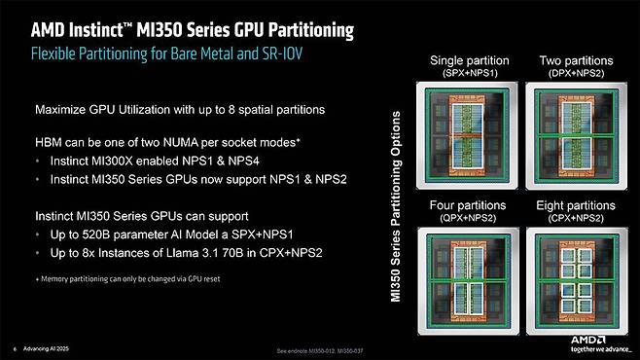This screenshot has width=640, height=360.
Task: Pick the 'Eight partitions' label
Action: pos(575,212)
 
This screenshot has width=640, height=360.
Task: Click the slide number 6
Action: pos(15,348)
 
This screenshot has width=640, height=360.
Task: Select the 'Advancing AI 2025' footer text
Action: pos(48,348)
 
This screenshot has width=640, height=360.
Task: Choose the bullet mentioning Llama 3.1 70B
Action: pos(164,254)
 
